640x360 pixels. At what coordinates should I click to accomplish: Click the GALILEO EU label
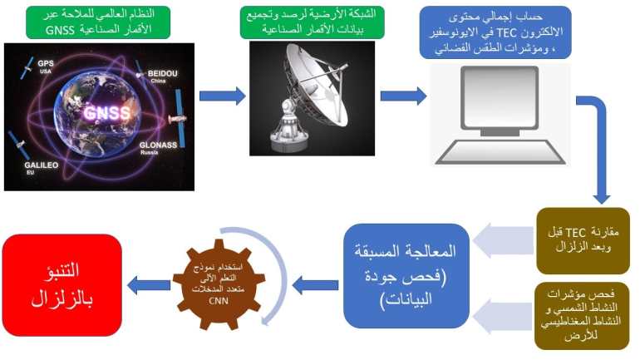point(31,170)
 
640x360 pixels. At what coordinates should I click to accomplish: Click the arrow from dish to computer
point(402,96)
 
